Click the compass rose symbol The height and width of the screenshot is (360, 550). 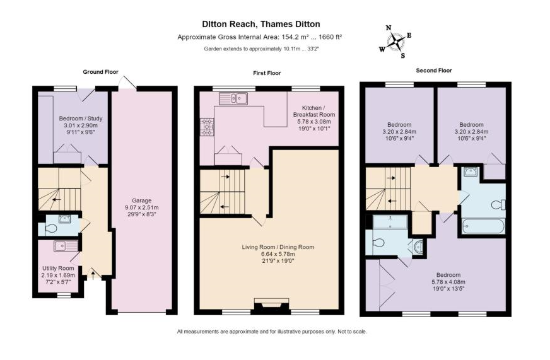395,42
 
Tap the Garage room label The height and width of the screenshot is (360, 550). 142,200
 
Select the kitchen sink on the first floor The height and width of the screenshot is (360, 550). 233,98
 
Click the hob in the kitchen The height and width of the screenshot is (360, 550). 207,127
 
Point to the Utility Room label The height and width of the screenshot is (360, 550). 58,268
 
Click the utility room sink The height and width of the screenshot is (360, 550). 66,246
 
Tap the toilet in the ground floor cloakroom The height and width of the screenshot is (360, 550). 51,229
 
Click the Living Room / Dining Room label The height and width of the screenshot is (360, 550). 278,247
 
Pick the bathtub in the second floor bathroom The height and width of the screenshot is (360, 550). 483,226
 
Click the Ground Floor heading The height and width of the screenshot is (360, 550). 101,72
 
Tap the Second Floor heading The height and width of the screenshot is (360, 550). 434,71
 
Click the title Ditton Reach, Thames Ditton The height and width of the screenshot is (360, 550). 261,24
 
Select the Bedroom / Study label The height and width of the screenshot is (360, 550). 81,119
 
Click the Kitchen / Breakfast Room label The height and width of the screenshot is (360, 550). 314,111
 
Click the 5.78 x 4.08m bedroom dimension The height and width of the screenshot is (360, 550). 448,282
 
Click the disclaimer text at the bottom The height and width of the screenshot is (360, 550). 272,331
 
